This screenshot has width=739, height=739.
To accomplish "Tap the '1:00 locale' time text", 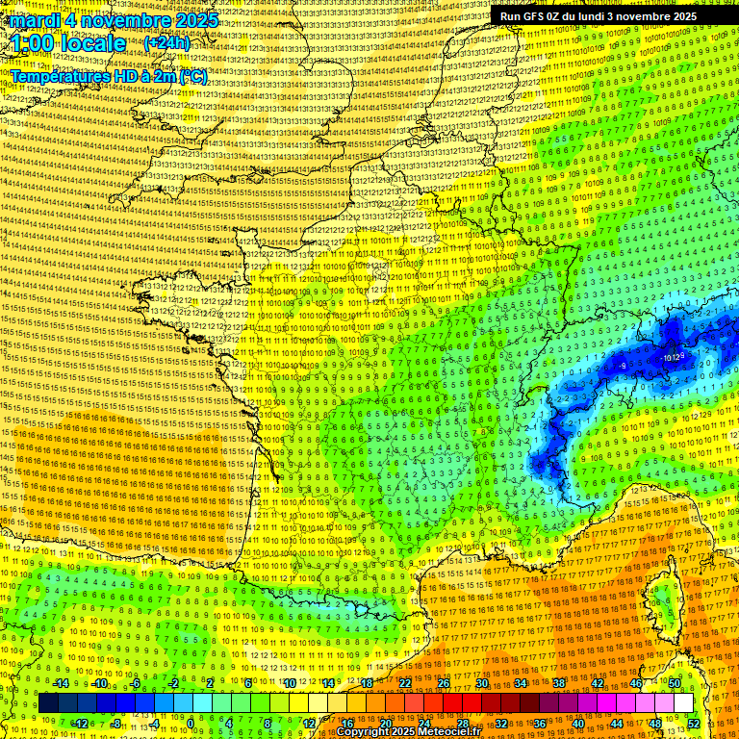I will point(68,43).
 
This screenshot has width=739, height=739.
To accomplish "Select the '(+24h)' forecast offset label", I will point(167,43).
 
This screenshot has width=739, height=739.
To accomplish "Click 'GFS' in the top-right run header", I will point(540,16).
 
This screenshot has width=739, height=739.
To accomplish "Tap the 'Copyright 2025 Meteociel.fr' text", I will point(408,731).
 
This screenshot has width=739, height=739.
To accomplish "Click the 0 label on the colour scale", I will point(191,724).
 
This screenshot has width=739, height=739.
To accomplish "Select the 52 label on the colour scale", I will point(694,724).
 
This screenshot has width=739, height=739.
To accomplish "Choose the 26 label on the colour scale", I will point(444,683).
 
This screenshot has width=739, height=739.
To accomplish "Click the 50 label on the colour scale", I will point(675,683).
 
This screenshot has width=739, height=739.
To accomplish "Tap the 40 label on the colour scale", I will point(577,724).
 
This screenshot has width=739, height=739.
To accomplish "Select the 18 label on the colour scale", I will point(367,683).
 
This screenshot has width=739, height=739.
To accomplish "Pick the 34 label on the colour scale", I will point(521,683).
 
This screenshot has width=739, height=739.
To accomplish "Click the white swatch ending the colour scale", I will point(683,703).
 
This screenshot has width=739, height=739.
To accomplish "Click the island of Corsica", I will point(664,606).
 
